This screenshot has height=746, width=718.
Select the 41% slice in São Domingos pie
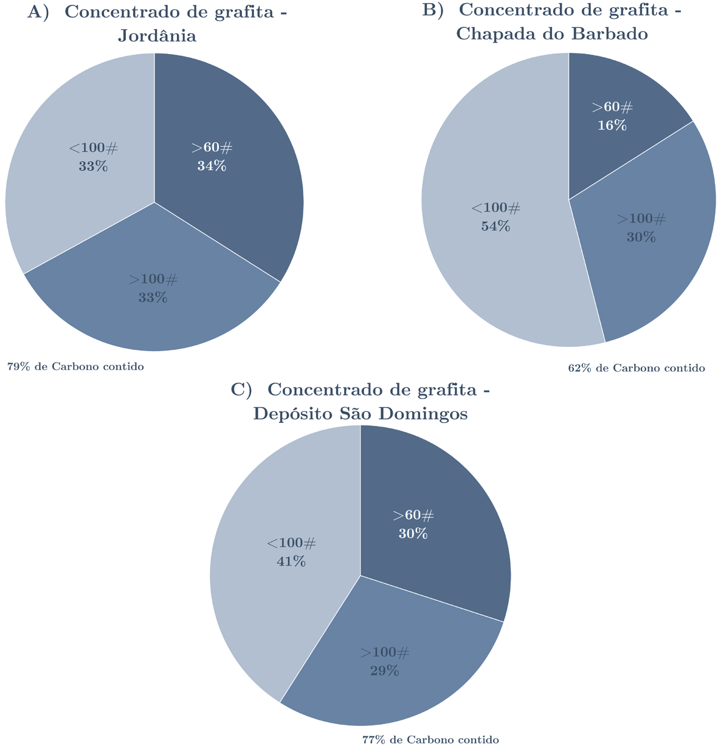click(274, 577)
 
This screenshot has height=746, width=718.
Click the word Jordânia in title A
click(157, 36)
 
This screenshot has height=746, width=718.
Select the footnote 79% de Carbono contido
click(75, 367)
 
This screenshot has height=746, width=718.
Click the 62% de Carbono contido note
click(637, 368)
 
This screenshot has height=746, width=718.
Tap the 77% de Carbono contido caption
click(430, 740)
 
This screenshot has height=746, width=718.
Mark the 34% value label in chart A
click(212, 166)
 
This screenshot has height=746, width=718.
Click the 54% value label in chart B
click(495, 227)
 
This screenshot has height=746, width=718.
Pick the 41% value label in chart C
click(291, 561)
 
